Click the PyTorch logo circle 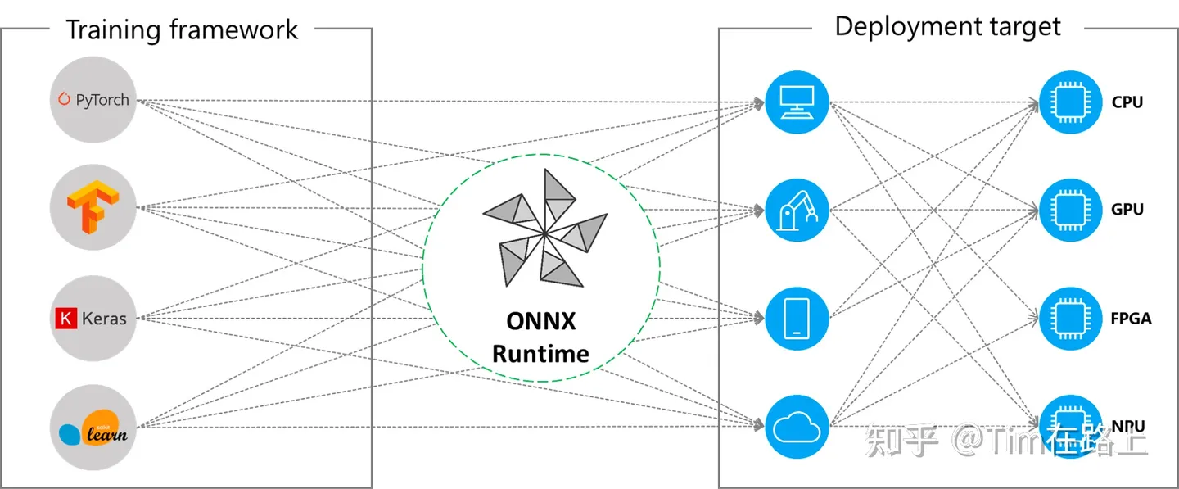[92, 101]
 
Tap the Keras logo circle [92, 318]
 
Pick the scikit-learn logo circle [92, 428]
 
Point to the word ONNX [541, 320]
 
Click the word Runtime [541, 354]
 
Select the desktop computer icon [797, 103]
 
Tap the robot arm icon [797, 210]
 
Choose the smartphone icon [797, 318]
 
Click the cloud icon [797, 426]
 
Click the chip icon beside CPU [1071, 103]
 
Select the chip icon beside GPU [1071, 210]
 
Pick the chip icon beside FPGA [1071, 318]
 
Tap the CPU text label [1127, 103]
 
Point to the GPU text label [1127, 210]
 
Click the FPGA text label [1131, 318]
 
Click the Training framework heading [182, 30]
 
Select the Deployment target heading [947, 26]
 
